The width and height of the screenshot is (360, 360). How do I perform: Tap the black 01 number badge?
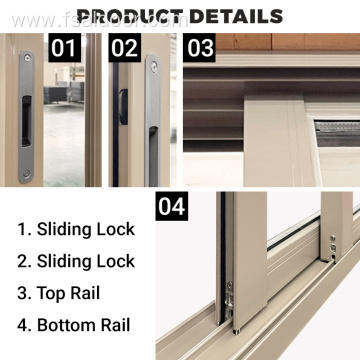[x=64, y=48]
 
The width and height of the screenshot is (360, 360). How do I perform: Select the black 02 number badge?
[x=125, y=48]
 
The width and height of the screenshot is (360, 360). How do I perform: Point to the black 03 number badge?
[x=200, y=48]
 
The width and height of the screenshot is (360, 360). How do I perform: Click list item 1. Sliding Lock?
[x=75, y=229]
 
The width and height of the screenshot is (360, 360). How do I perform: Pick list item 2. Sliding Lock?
[x=75, y=262]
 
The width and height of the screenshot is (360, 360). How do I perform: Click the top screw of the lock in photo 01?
[x=26, y=59]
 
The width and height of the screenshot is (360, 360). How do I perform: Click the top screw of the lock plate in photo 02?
[x=153, y=65]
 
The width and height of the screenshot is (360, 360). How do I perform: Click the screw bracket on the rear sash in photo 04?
[x=332, y=245]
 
